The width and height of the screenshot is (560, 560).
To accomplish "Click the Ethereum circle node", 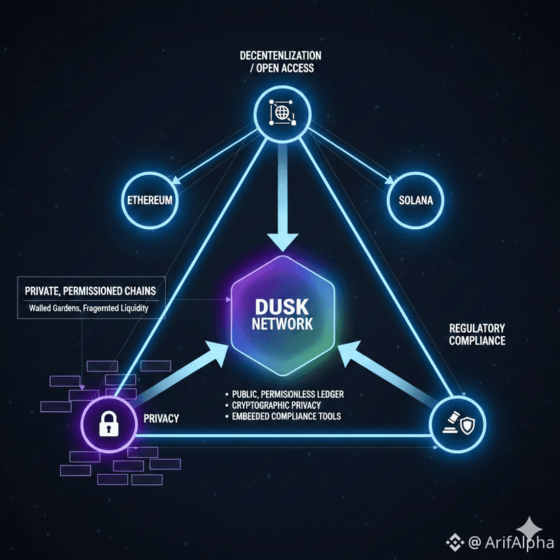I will (150, 201).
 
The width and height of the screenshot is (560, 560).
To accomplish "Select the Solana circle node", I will (411, 201).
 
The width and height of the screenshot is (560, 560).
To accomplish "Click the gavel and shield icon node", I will (457, 424).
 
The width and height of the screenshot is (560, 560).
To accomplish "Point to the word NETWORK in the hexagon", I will (282, 323).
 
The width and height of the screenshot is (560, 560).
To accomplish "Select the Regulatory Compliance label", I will (477, 334).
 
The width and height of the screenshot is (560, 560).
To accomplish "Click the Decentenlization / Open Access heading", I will (281, 61).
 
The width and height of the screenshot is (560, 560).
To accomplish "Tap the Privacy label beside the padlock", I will (162, 419).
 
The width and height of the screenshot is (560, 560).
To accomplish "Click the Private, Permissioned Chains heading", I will (90, 291).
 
